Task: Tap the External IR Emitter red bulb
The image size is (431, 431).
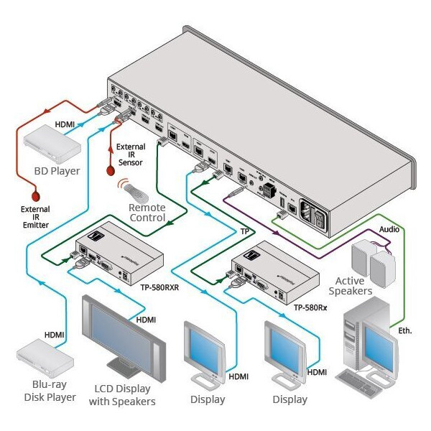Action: pyautogui.click(x=35, y=194)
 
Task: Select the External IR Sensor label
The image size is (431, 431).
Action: pyautogui.click(x=131, y=154)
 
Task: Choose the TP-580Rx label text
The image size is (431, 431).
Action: pyautogui.click(x=310, y=307)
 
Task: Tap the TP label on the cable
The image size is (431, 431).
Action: pyautogui.click(x=245, y=231)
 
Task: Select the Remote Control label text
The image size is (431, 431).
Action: pyautogui.click(x=147, y=213)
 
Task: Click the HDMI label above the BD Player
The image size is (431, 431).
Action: pyautogui.click(x=64, y=125)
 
